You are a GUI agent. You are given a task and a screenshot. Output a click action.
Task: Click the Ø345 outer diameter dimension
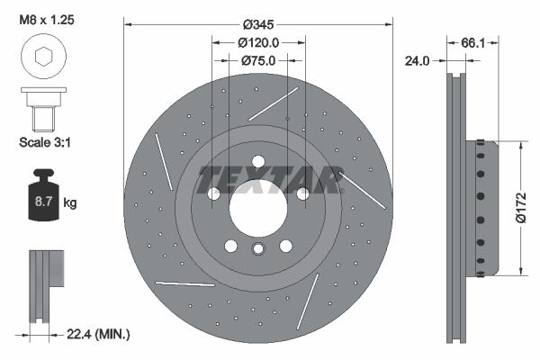[x=258, y=24]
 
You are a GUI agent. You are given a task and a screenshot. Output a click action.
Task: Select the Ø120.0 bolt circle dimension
[x=258, y=42]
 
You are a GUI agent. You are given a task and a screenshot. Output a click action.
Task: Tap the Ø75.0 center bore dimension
[x=258, y=60]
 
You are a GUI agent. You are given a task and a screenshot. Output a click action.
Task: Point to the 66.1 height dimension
[x=472, y=43]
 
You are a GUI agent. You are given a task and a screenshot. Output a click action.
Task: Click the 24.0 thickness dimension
[x=417, y=61]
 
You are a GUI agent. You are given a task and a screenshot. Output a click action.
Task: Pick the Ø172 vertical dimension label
[x=521, y=208]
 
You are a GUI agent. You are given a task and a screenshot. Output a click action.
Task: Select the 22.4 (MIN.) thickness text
[x=98, y=334]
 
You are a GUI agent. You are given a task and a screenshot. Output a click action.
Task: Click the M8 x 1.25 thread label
[x=47, y=20]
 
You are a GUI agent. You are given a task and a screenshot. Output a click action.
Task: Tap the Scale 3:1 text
[x=45, y=142]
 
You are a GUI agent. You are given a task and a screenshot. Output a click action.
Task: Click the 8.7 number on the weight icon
[x=43, y=202]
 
